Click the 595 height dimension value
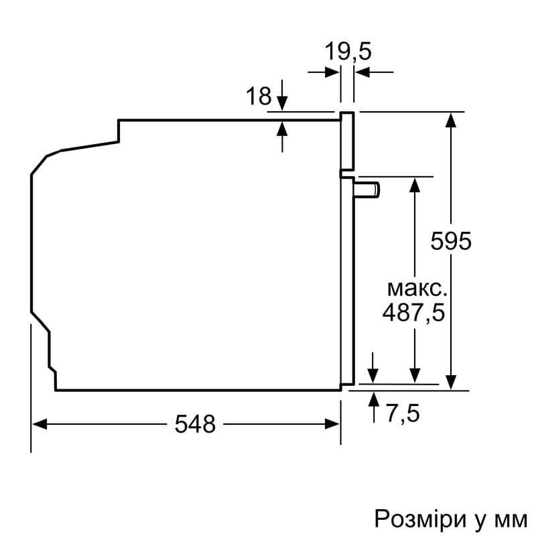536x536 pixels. (451, 241)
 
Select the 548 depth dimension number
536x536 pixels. (195, 423)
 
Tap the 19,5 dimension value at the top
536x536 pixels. (348, 51)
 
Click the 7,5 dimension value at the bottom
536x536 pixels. (403, 414)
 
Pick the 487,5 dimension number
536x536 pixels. (413, 313)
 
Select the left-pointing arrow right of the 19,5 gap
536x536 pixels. (362, 72)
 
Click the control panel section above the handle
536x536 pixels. (347, 141)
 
